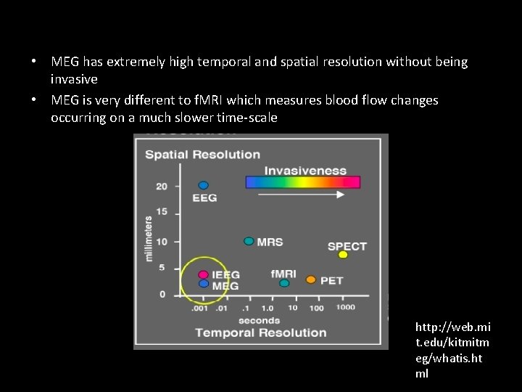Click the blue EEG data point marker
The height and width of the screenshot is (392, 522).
204,185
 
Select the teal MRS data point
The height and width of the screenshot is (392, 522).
249,241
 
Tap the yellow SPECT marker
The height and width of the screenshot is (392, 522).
343,255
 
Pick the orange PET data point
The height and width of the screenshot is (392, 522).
311,279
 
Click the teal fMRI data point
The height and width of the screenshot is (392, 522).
284,283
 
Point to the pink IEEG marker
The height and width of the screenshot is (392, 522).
204,275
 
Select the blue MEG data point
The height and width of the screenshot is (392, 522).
204,284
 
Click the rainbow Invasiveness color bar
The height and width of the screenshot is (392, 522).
303,182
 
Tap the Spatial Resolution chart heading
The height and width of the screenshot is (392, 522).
202,155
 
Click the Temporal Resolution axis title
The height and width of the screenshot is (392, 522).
260,332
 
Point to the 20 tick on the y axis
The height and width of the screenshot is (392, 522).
161,186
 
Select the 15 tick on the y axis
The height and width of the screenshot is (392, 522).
161,212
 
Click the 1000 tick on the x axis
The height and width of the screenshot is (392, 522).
345,308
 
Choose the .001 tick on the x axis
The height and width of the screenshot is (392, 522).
199,308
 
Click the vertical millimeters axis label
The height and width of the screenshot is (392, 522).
149,238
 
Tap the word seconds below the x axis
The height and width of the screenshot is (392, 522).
259,320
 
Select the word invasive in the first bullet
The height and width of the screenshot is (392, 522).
74,78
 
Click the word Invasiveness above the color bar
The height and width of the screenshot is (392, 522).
305,171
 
